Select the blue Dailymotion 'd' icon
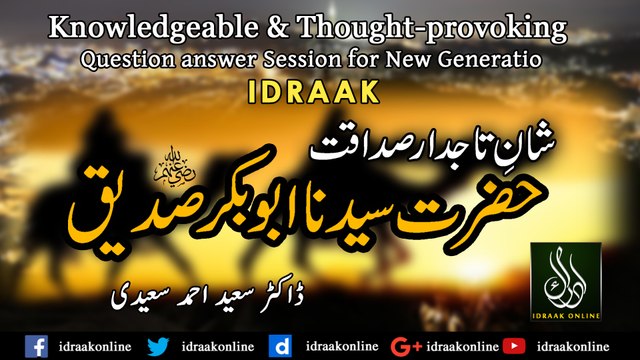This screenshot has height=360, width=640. [x=283, y=345]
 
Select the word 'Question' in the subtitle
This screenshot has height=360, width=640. [x=127, y=60]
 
